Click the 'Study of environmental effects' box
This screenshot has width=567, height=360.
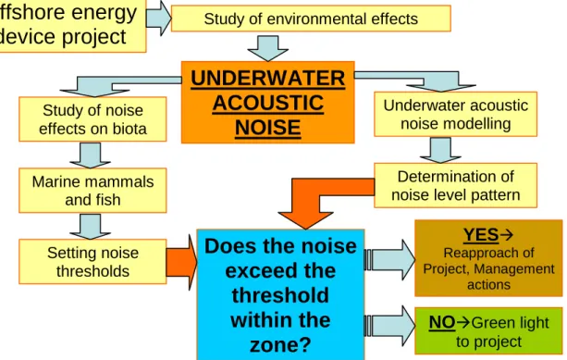(311, 19)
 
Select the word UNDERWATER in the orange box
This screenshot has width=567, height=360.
(268, 78)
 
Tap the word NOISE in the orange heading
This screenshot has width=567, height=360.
(268, 128)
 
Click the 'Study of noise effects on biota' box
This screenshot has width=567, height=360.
(92, 119)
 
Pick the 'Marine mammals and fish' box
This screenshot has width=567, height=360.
(92, 191)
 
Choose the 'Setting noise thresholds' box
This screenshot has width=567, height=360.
(92, 262)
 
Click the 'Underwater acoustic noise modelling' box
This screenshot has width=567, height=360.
(456, 114)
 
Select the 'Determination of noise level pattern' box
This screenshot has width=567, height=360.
(456, 185)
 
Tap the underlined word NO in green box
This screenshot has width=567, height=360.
(442, 322)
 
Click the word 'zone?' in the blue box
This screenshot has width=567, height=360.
(280, 345)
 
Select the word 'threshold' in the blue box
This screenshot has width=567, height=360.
(280, 295)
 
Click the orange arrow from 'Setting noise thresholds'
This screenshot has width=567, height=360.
(182, 262)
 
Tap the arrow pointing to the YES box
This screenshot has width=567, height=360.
(389, 260)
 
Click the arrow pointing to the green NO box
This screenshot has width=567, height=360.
(389, 326)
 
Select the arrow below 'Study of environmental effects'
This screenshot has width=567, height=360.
(268, 48)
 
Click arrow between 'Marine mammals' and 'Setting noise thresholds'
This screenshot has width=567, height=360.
(90, 227)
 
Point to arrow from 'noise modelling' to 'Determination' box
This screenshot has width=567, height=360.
(440, 150)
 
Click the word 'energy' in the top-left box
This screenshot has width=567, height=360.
(105, 14)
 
